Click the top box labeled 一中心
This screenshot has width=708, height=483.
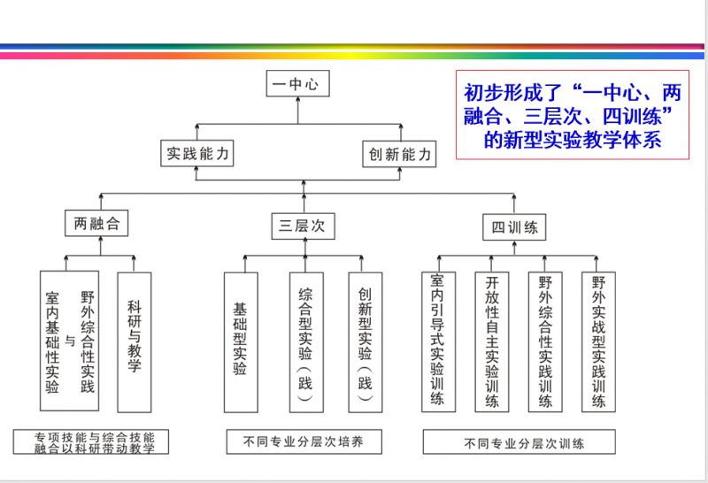(298, 85)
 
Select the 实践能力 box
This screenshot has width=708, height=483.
(196, 154)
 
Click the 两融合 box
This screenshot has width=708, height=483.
(96, 225)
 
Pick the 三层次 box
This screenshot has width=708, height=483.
(303, 226)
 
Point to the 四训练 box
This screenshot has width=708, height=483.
(514, 226)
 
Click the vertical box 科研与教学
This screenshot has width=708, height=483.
(134, 341)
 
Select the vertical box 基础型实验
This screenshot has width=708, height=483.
(240, 341)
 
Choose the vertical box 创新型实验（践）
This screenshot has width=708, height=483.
(365, 341)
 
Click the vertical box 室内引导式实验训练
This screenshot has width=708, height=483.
(436, 341)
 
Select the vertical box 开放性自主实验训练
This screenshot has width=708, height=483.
(491, 341)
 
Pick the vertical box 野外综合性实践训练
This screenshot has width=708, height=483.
(545, 341)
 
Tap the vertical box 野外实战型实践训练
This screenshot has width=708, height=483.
(599, 341)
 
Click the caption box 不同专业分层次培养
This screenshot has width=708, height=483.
(303, 441)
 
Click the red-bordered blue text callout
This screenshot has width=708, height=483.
(572, 115)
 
